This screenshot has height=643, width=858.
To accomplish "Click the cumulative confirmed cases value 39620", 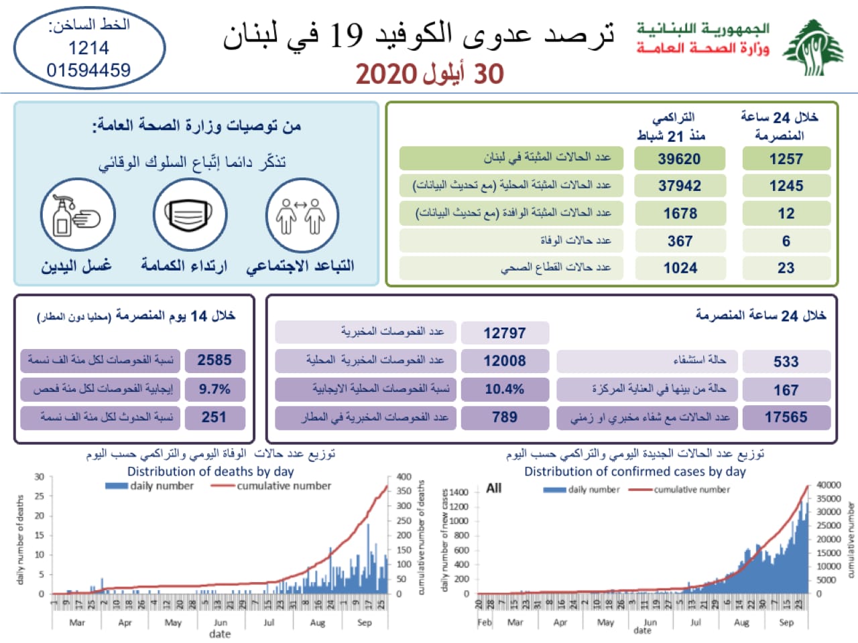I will click(x=680, y=159).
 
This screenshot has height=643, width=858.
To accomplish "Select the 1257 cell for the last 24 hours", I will click(x=786, y=159).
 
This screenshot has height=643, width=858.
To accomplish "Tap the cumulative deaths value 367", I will click(x=680, y=240).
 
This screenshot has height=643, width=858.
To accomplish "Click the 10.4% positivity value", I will click(x=504, y=388).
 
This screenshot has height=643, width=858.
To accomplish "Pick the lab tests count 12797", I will click(x=504, y=333).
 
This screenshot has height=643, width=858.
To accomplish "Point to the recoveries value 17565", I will click(x=786, y=417).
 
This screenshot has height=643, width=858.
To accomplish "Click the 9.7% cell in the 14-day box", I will click(x=214, y=388).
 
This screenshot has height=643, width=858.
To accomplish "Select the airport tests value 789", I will click(x=504, y=417).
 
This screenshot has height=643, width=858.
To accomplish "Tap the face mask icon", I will click(x=189, y=215).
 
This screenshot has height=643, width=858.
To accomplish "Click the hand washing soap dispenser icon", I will click(x=77, y=215).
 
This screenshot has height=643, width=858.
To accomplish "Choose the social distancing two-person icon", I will click(x=301, y=215).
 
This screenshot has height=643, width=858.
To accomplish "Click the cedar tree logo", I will click(x=813, y=47).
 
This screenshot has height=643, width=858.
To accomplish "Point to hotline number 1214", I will click(x=88, y=48).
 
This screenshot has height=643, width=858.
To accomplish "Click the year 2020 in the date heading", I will click(x=387, y=74).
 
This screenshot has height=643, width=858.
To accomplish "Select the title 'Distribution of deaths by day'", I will click(x=210, y=471).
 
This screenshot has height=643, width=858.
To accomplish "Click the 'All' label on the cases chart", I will click(x=493, y=488).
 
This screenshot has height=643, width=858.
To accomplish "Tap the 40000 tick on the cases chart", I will click(x=828, y=484).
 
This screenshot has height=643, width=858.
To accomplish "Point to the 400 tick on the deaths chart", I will click(x=404, y=477).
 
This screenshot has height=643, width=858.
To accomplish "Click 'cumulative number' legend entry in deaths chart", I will click(x=284, y=486).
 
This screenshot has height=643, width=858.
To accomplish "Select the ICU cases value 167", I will click(x=786, y=389).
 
